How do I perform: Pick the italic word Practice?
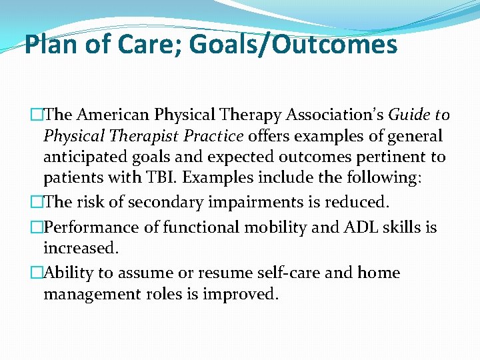[x=211, y=137]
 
